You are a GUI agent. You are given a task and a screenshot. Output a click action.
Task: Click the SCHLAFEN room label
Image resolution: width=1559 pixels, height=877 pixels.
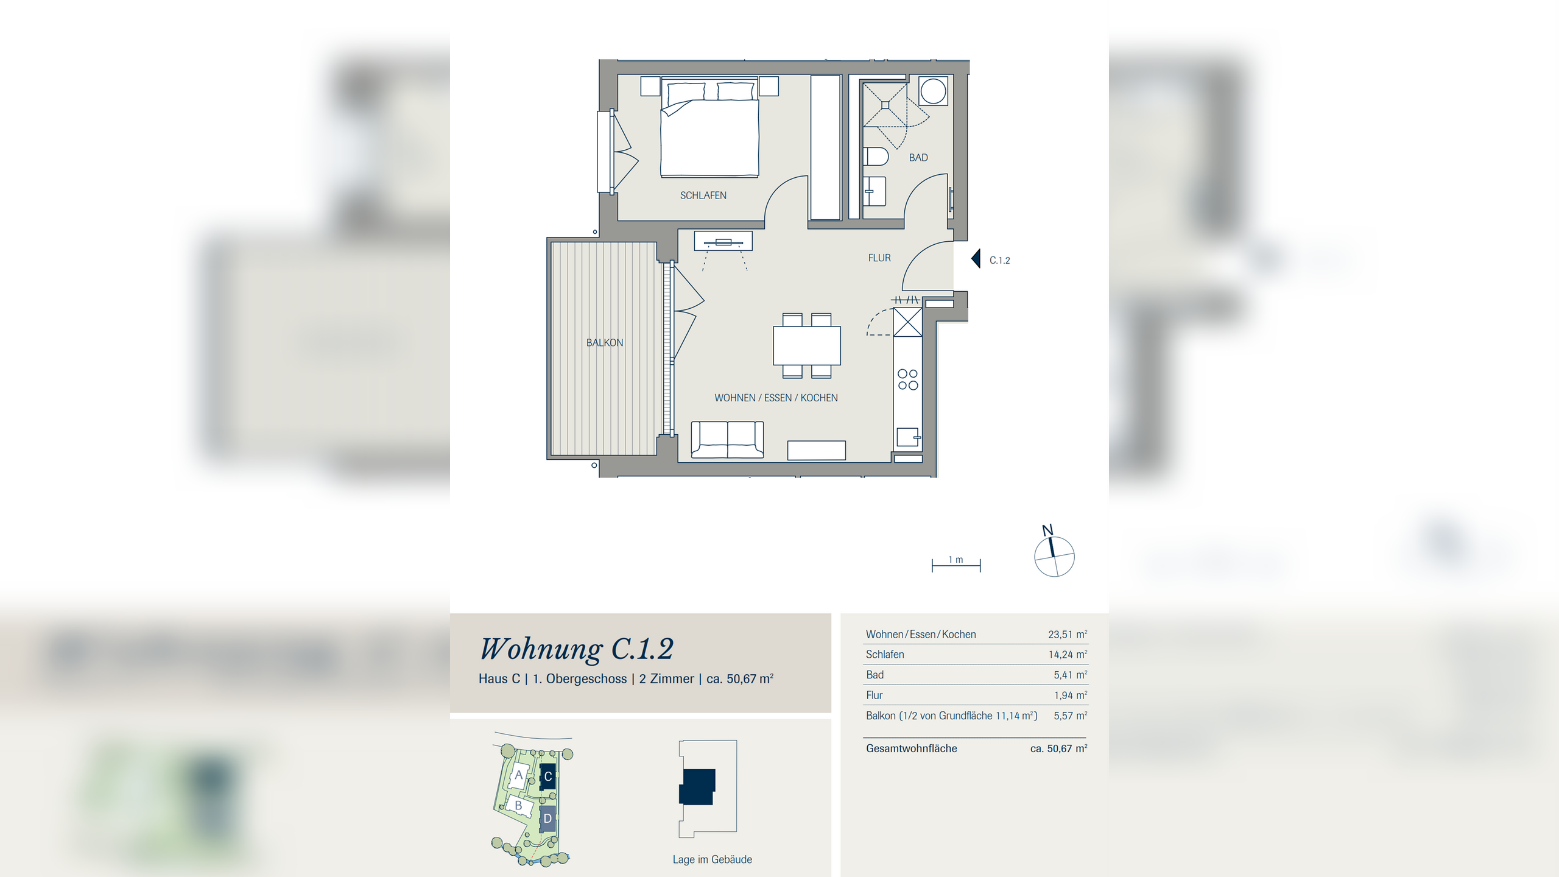click(703, 195)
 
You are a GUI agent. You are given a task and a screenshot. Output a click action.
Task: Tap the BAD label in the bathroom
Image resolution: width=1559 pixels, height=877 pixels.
click(918, 158)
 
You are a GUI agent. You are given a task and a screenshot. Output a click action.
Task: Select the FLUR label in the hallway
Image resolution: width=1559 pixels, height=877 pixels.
click(879, 258)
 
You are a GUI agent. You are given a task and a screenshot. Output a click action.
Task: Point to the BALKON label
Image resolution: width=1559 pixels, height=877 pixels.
click(605, 343)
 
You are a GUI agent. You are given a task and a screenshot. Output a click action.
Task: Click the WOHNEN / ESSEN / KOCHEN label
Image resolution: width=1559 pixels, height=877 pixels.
click(776, 398)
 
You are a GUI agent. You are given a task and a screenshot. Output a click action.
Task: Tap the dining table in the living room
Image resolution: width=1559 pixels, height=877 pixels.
click(807, 345)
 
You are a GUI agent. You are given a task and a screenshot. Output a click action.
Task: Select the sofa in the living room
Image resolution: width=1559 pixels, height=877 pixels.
click(727, 439)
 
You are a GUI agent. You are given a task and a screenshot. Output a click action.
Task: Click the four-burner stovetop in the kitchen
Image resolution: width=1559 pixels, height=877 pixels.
click(907, 379)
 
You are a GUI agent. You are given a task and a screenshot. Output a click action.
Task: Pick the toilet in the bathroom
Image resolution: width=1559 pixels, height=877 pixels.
click(876, 157)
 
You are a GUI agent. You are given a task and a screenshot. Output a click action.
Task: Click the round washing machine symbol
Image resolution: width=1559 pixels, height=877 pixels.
click(933, 91)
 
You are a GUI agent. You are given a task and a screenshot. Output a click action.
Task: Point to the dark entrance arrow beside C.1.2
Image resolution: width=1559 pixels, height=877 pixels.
click(976, 259)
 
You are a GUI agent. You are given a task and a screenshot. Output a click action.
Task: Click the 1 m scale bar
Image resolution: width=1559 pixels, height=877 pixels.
click(956, 566)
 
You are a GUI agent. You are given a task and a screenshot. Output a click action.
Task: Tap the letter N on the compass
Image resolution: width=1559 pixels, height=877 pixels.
click(1047, 530)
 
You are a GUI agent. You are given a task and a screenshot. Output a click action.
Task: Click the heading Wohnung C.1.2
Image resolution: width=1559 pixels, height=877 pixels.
click(577, 649)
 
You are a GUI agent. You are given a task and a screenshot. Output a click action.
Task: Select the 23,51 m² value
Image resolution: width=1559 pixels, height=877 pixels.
click(1068, 634)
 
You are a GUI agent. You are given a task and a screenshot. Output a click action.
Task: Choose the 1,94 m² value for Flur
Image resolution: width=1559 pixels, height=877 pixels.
click(1071, 695)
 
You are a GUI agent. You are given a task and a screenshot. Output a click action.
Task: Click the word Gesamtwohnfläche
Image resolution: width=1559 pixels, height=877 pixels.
click(911, 748)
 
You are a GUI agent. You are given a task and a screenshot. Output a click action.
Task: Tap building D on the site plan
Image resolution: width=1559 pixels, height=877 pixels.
click(547, 819)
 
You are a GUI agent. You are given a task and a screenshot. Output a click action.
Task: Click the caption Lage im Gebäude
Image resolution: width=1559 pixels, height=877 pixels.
click(712, 859)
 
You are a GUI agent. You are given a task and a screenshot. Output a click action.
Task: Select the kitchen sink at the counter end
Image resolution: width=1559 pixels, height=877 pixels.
click(907, 437)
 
